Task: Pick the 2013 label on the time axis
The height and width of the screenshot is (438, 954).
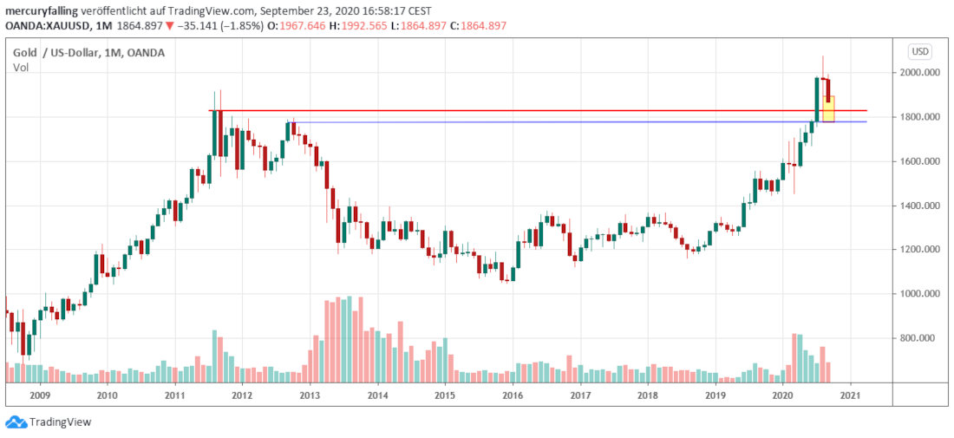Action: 310,396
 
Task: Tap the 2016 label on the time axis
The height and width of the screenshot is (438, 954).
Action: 513,396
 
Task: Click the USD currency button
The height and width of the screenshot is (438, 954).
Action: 919,51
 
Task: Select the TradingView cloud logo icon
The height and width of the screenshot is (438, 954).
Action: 15,422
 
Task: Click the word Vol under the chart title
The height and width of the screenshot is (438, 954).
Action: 21,68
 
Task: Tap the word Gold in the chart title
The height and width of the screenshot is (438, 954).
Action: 25,53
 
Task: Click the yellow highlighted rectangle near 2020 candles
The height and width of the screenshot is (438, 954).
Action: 829,108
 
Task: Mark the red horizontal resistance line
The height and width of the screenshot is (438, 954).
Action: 520,110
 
